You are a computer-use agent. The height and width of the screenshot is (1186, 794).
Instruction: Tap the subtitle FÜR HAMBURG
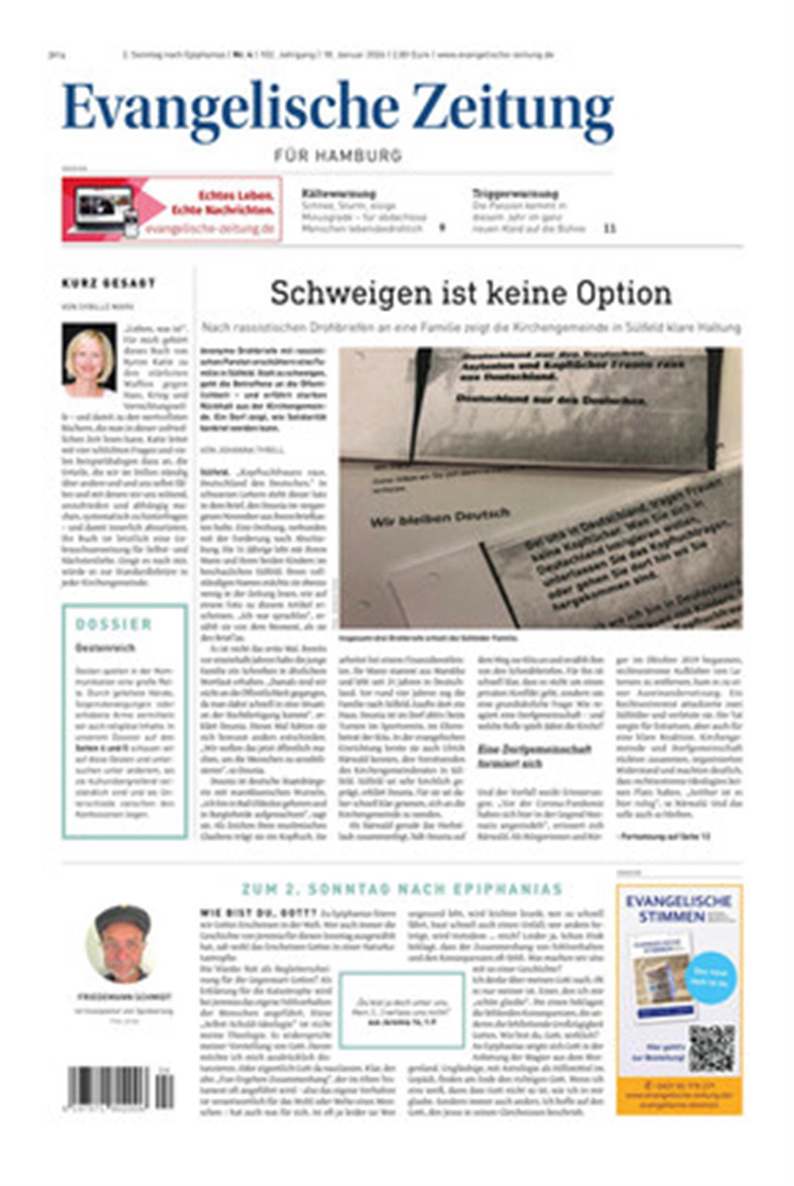point(338,155)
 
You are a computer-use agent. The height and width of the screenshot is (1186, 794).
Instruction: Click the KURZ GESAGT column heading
point(108,283)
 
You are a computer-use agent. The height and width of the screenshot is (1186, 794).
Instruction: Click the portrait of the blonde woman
point(89,360)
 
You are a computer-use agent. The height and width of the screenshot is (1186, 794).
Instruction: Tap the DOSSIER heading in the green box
point(114,625)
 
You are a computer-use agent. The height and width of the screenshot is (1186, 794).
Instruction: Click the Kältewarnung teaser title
point(338,194)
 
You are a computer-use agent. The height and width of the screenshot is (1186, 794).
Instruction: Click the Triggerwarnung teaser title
point(515,194)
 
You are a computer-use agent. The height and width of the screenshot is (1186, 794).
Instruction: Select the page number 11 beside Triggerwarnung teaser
point(610,228)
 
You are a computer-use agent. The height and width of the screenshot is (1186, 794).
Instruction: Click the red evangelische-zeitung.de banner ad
point(172,209)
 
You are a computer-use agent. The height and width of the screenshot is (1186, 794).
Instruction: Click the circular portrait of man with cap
point(122,945)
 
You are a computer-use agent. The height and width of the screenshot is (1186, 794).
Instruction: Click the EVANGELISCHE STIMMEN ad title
point(678,909)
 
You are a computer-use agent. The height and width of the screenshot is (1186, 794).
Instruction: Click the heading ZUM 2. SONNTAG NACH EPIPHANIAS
point(401,889)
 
